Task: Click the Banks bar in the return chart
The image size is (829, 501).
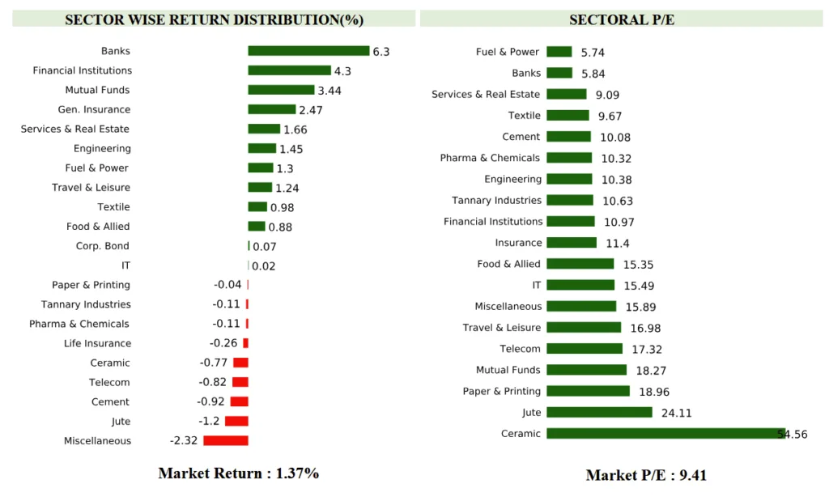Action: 308,51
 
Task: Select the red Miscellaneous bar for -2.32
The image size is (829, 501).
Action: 225,440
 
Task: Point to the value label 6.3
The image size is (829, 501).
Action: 381,52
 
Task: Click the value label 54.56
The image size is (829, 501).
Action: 793,435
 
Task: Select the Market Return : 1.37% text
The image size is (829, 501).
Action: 238,473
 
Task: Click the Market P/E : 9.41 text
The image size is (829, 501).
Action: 646,475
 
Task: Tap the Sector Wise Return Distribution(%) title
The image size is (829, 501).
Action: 214,19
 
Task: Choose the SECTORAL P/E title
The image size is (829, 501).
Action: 621,19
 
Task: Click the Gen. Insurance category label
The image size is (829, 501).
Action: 94,109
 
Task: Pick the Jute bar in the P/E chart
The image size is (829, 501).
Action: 599,412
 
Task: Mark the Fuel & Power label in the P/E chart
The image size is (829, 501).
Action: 507,52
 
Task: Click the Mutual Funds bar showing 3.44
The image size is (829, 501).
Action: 281,90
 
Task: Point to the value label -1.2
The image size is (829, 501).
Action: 209,422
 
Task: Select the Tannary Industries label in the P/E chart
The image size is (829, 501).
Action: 496,200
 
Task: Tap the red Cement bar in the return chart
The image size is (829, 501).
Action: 239,401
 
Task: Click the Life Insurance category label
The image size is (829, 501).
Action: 97,343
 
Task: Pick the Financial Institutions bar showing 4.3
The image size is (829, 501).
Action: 289,70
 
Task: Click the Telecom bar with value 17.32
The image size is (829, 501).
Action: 585,349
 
